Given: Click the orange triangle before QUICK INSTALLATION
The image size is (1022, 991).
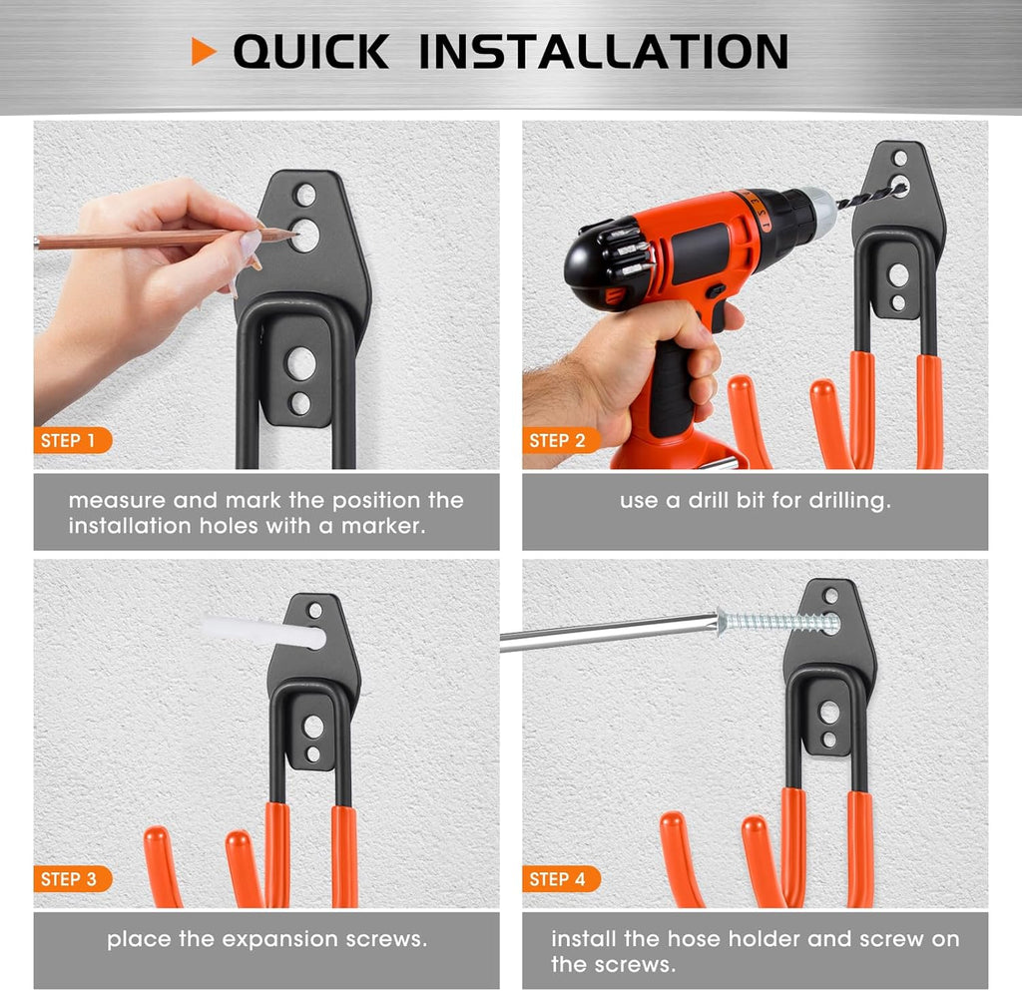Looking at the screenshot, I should click(204, 52).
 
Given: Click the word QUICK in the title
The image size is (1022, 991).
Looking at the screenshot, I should click(311, 52).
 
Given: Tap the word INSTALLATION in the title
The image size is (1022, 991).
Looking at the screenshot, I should click(603, 52).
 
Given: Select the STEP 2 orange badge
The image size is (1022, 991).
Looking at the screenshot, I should click(559, 440).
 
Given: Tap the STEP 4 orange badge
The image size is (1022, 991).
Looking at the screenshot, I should click(559, 879).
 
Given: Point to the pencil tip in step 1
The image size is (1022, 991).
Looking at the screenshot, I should click(294, 233).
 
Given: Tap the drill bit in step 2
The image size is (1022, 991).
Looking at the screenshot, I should click(868, 196).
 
